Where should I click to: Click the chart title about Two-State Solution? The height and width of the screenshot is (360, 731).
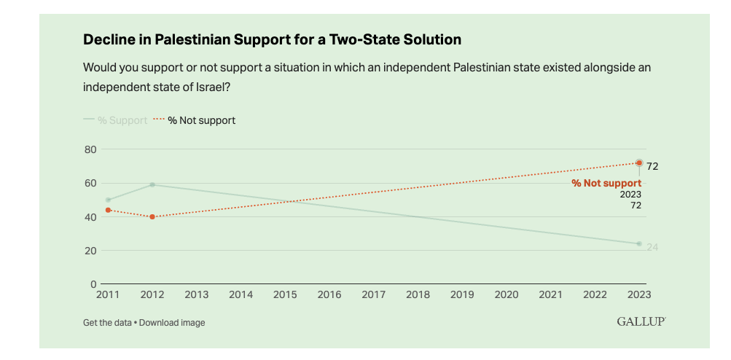pyautogui.click(x=272, y=39)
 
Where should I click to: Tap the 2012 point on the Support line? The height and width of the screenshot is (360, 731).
pyautogui.click(x=152, y=184)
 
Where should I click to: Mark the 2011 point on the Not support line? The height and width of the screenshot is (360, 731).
pyautogui.click(x=108, y=210)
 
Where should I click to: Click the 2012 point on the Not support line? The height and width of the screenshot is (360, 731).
pyautogui.click(x=152, y=216)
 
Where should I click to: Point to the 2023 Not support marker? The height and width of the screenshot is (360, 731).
pyautogui.click(x=639, y=163)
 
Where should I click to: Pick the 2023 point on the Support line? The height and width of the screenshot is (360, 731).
pyautogui.click(x=639, y=243)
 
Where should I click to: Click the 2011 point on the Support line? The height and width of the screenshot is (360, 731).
pyautogui.click(x=108, y=200)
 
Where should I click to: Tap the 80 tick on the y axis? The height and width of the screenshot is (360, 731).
pyautogui.click(x=90, y=149)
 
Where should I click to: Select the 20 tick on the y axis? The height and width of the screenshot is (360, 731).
pyautogui.click(x=90, y=251)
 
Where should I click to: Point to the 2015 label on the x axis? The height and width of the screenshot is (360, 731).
pyautogui.click(x=285, y=294)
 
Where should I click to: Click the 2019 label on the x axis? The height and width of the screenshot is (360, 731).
pyautogui.click(x=462, y=294)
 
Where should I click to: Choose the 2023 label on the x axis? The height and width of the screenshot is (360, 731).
pyautogui.click(x=638, y=294)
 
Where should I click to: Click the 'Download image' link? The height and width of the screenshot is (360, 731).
pyautogui.click(x=172, y=322)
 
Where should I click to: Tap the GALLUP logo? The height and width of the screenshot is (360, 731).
pyautogui.click(x=641, y=321)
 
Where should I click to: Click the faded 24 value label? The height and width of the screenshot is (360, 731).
pyautogui.click(x=652, y=247)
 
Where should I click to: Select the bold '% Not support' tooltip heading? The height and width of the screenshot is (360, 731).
pyautogui.click(x=606, y=183)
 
